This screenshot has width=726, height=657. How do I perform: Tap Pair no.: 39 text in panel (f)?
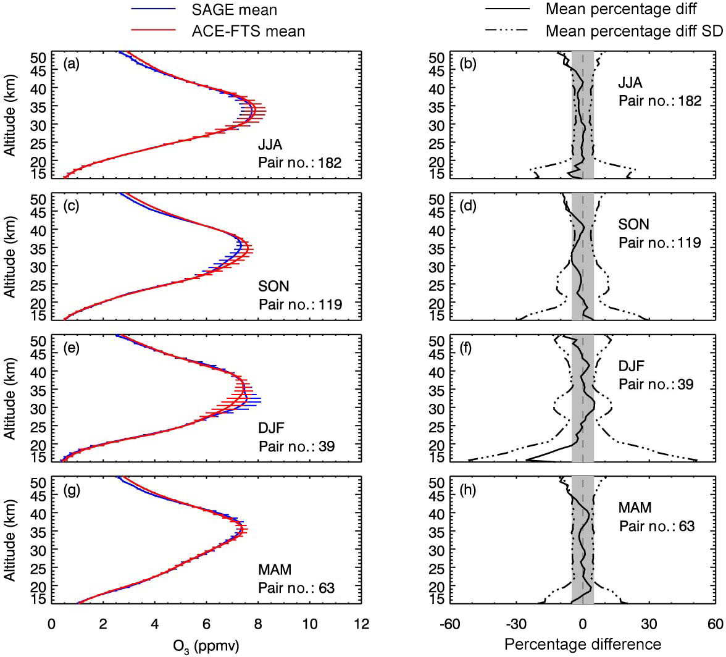(x=656, y=384)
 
